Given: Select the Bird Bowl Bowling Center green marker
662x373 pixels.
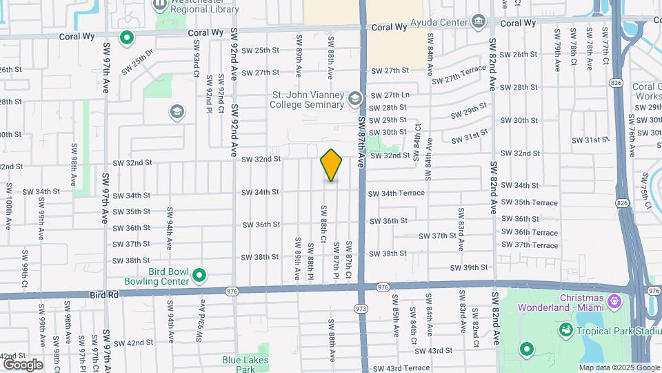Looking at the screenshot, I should click(x=199, y=276).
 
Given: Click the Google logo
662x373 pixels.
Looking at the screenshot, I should click(x=23, y=365).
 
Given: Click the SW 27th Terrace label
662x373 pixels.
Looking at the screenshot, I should click(x=459, y=75).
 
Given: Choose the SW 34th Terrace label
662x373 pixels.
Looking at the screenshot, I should click(x=397, y=193).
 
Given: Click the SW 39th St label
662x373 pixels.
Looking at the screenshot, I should click(x=469, y=268).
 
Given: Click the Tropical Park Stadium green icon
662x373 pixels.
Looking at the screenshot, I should click(x=565, y=329).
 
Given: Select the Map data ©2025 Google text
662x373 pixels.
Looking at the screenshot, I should click(x=619, y=367).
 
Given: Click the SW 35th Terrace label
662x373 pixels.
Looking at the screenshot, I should click(x=530, y=202).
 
